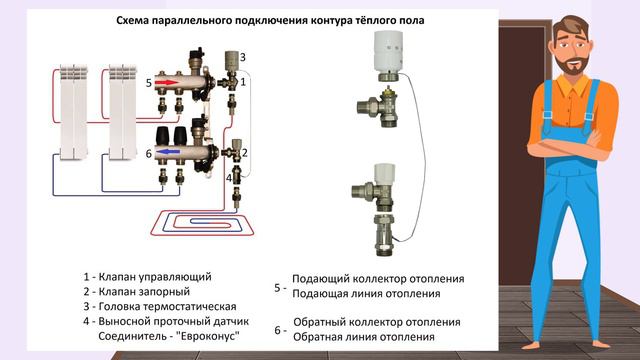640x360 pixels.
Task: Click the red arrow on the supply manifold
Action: [x=167, y=82]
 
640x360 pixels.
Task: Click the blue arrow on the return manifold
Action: [x=168, y=152]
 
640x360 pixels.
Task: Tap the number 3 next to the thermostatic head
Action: [x=243, y=57]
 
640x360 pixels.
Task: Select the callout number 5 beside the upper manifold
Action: [x=149, y=83]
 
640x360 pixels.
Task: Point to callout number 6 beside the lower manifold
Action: [x=149, y=153]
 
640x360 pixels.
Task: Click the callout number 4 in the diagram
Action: [x=229, y=178]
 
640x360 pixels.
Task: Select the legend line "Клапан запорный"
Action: [x=144, y=291]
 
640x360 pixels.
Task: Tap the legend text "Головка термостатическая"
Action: [x=167, y=307]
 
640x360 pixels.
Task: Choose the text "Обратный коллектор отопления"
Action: [x=377, y=322]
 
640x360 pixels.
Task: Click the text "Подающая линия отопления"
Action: [x=366, y=293]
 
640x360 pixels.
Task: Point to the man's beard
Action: [x=572, y=65]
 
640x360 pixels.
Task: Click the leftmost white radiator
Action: [x=74, y=112]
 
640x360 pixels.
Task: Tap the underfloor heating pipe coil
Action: [x=202, y=223]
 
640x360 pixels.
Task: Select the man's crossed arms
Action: [x=570, y=146]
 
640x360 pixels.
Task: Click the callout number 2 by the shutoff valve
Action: [x=245, y=153]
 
